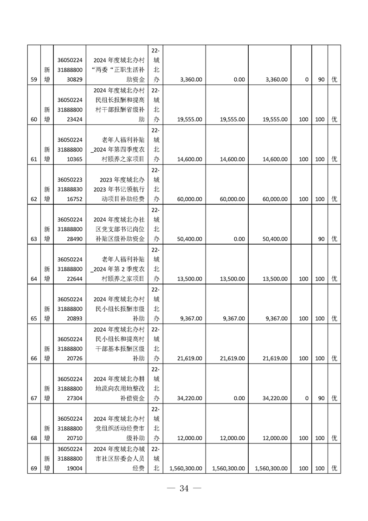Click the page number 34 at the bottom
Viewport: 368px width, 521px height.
pos(184,488)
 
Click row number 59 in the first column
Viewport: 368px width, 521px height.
pos(33,79)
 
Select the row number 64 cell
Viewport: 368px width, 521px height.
pos(33,279)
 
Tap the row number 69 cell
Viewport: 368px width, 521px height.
pos(33,469)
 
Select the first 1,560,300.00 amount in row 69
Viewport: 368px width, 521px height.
pos(186,469)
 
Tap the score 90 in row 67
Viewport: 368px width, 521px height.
pos(319,398)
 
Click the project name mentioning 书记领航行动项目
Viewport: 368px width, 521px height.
pos(119,189)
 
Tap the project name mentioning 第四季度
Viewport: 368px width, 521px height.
pos(119,150)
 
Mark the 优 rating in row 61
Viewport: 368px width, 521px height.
pos(334,159)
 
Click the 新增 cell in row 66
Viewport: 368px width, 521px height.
pos(47,353)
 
